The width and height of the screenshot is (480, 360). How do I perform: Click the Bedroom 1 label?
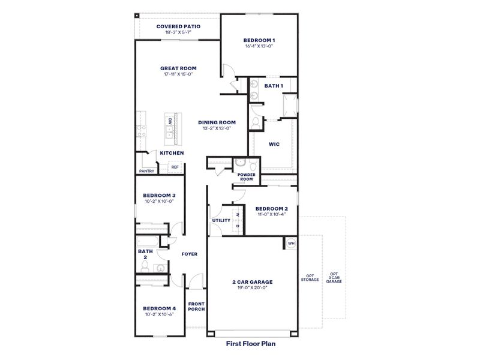259,39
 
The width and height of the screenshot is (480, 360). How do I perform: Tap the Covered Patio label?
178,26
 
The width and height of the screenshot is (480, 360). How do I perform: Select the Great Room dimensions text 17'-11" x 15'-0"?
178,74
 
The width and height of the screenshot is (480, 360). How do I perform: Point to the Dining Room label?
214,122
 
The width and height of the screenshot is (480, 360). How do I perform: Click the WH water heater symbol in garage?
291,243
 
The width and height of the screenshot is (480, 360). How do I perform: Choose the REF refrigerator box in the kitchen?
175,168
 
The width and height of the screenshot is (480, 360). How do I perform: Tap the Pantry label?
146,171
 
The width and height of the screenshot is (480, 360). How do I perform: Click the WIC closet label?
274,144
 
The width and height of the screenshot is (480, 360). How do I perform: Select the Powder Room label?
247,177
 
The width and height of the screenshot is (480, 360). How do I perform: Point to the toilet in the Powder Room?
240,163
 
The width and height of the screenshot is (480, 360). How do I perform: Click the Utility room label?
220,220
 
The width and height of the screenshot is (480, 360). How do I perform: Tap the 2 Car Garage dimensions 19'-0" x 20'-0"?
252,288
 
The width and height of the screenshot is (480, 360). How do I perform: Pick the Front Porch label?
196,307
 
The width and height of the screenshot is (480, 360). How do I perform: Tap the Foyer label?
190,254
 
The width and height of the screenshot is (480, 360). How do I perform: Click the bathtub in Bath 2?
147,242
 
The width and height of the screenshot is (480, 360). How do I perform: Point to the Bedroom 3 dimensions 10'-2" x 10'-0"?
159,202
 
